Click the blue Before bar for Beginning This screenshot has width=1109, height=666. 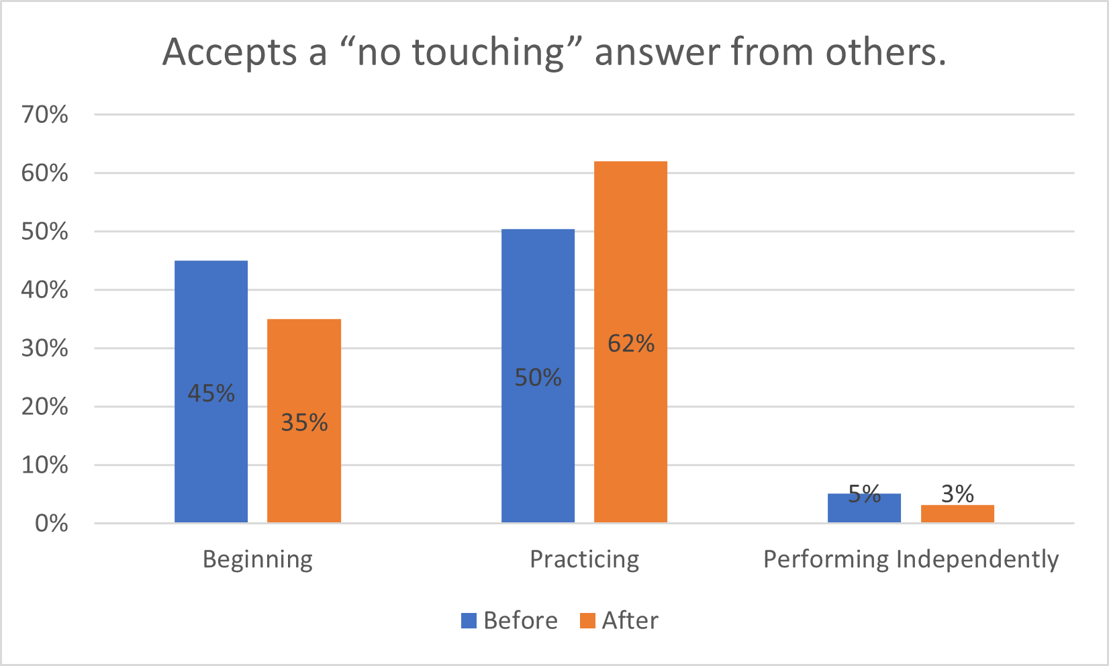211,322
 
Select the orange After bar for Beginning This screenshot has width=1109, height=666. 304,363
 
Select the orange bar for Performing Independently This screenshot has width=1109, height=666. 957,514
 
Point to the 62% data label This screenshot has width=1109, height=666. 630,344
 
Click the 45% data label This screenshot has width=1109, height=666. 211,393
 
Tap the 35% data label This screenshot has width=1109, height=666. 304,422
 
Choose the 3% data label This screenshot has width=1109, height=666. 957,494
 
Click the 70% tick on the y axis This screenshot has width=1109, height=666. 44,115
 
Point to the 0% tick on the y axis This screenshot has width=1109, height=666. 51,524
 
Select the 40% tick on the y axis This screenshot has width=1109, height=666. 44,290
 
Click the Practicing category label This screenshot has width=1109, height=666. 584,559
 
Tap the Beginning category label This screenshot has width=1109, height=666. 258,559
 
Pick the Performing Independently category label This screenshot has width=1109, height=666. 911,559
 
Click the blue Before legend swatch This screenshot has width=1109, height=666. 469,620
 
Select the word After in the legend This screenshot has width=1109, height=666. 630,620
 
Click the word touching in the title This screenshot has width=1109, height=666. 487,52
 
